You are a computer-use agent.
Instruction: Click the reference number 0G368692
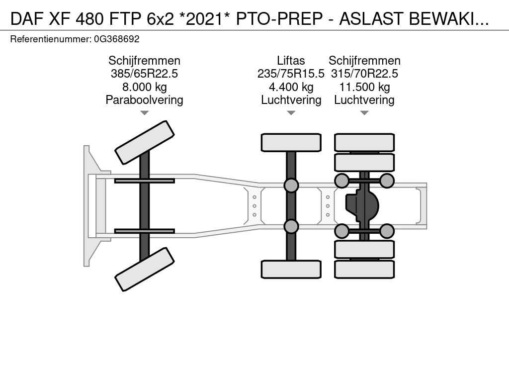tap(117, 39)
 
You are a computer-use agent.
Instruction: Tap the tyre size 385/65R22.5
tap(145, 74)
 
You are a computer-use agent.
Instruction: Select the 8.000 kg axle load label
tap(145, 87)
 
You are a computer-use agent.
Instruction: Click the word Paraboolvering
tap(145, 100)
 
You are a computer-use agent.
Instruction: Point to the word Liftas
tap(291, 61)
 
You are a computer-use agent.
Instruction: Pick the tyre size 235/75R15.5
tap(291, 74)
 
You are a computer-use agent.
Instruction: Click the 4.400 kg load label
tap(291, 87)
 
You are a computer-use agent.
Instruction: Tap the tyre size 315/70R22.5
tap(364, 74)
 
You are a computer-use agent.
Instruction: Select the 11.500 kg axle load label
tap(364, 87)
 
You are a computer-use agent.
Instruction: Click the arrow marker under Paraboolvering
tap(145, 113)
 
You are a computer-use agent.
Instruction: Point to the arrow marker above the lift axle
tap(291, 113)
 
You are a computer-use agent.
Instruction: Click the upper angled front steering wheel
tap(145, 142)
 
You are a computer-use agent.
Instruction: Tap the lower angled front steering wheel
tap(145, 269)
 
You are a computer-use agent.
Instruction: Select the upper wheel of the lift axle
tap(291, 143)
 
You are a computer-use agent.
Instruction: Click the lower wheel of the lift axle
tap(291, 269)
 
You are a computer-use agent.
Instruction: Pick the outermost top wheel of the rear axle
tap(364, 143)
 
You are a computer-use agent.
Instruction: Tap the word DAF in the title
tap(27, 19)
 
